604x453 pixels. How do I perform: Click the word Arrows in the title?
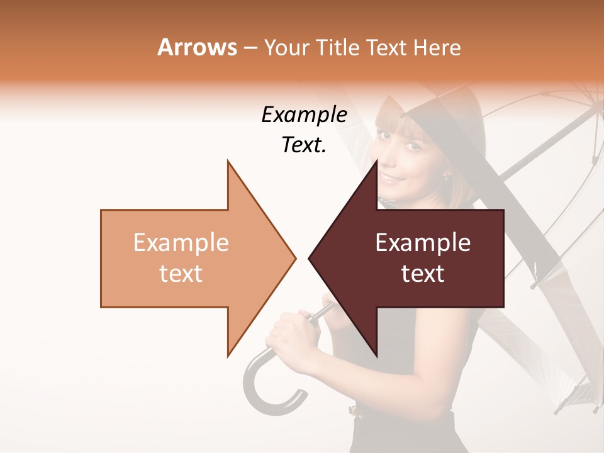click(198, 47)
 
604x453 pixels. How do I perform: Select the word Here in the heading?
click(438, 47)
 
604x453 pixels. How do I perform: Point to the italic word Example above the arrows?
click(305, 115)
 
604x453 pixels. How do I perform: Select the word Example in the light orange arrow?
click(181, 243)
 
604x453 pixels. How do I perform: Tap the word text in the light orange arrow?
click(181, 274)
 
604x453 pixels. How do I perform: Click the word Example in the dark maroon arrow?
click(423, 243)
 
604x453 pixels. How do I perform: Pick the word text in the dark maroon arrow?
click(423, 274)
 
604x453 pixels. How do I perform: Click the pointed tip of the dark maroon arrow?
click(310, 258)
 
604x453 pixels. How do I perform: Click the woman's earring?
click(446, 179)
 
